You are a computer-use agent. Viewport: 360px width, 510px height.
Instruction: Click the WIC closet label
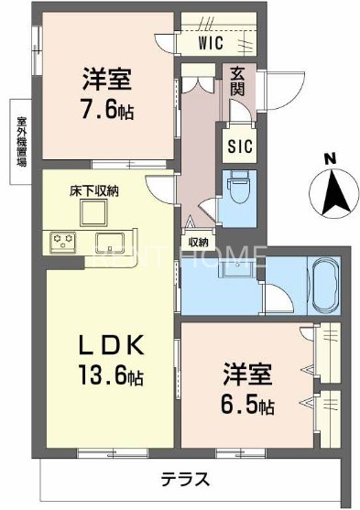pyautogui.click(x=213, y=41)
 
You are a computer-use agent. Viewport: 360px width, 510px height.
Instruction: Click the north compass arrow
pyautogui.click(x=331, y=190)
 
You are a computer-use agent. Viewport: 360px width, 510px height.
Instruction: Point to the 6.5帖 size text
pyautogui.click(x=249, y=404)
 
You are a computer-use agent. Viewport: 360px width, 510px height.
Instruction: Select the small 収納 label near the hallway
pyautogui.click(x=198, y=242)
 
